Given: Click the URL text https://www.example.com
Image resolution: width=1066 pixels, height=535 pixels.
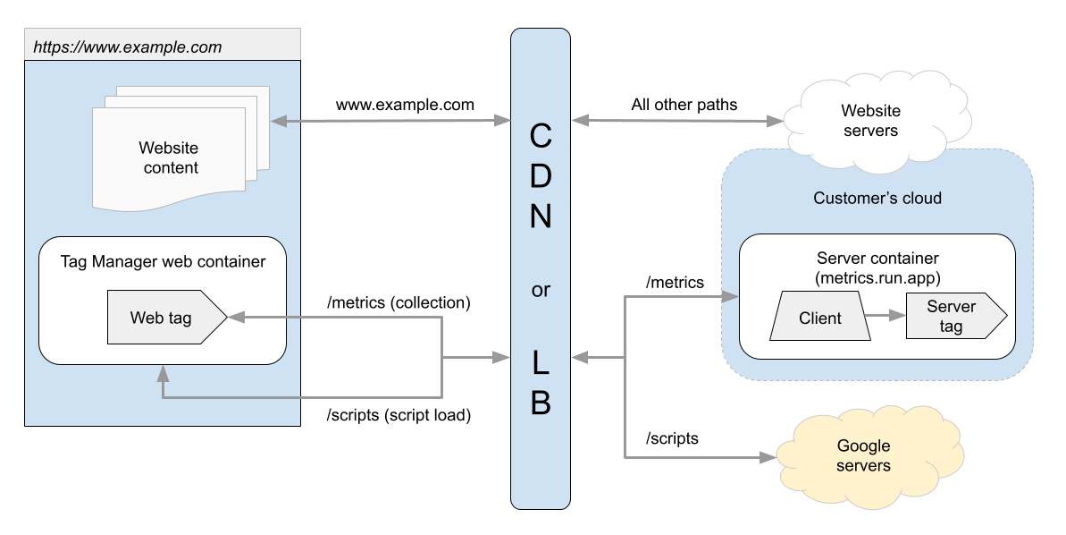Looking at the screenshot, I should click(127, 47).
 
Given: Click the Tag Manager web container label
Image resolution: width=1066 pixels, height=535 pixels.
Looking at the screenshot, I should click(163, 262).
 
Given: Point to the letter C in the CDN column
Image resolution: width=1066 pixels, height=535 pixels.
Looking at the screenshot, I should click(541, 137).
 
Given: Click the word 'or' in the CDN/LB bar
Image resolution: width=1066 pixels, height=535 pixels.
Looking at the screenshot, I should click(541, 291).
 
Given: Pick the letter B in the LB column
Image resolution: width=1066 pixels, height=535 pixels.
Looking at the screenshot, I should click(541, 403).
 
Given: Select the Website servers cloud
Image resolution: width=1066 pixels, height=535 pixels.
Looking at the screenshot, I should click(870, 121).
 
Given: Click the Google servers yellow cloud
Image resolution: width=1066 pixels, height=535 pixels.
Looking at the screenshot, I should click(863, 456).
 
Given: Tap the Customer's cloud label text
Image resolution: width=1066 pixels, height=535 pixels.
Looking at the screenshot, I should click(877, 198).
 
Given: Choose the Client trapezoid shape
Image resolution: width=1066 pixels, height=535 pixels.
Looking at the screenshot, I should click(820, 318).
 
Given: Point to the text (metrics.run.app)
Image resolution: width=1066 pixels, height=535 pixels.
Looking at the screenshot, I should click(877, 277).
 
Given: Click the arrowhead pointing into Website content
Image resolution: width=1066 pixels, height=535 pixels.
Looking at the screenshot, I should click(276, 121).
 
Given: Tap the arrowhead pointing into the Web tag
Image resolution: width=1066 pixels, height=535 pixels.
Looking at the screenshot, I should click(235, 317).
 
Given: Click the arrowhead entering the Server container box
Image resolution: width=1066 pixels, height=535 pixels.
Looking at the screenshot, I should click(733, 297).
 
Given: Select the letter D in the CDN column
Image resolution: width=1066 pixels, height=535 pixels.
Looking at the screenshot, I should click(541, 176).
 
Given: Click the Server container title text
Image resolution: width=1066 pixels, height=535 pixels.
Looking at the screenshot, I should click(877, 259).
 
